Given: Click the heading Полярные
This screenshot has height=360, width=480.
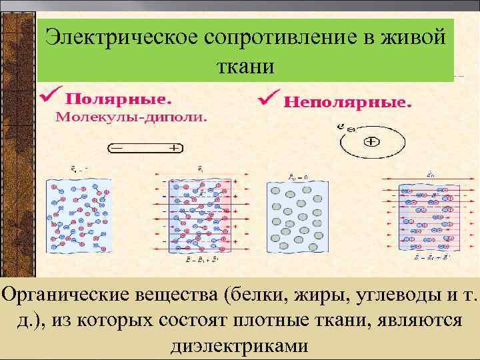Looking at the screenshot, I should [117, 99].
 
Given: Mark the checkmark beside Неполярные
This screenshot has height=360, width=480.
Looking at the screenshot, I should [268, 99].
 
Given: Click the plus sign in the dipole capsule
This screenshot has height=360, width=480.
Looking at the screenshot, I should [175, 148].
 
